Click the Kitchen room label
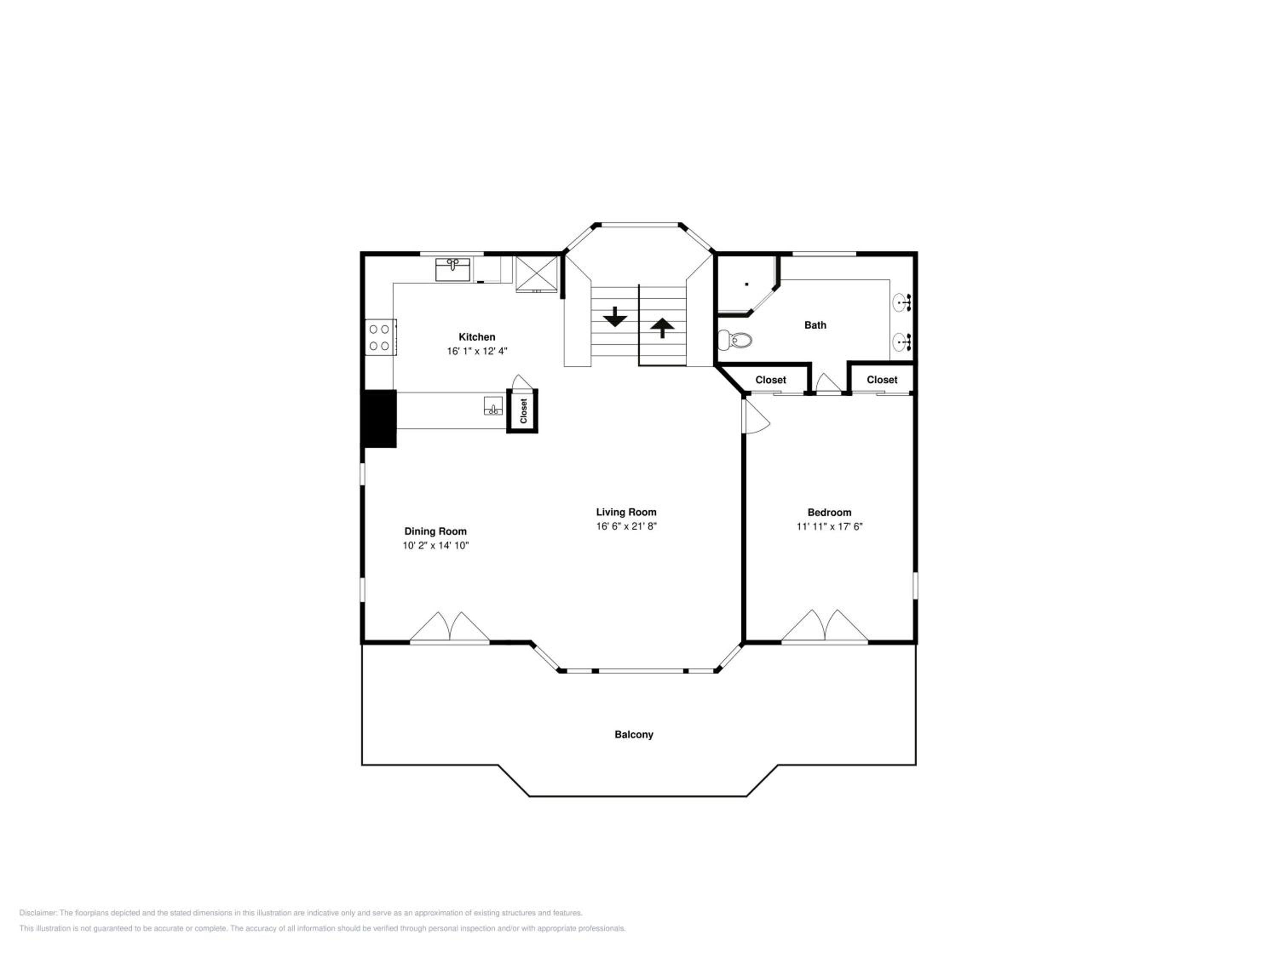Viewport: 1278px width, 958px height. pos(477,337)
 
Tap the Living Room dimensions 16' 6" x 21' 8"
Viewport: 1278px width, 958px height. pos(626,526)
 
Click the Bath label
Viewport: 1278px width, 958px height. pos(815,325)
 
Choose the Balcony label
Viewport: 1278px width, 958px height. pos(634,734)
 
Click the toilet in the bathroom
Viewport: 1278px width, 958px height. pos(735,340)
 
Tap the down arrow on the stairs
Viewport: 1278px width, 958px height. pos(615,316)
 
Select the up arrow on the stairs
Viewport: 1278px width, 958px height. pos(662,328)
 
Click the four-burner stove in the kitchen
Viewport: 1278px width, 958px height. pos(380,337)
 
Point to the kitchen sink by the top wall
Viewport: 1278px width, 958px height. pos(453,270)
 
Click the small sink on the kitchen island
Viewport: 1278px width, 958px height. pos(493,406)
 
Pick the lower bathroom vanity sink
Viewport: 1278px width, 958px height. pos(902,342)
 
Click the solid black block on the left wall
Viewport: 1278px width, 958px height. pos(379,418)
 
